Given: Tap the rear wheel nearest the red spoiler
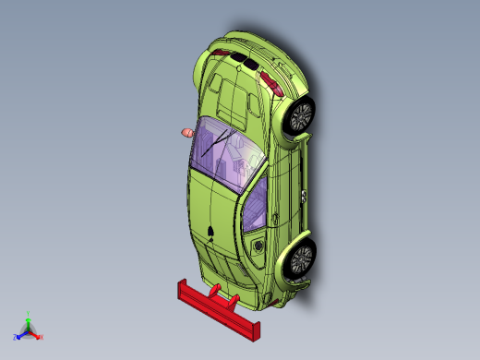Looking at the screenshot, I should point(301,258).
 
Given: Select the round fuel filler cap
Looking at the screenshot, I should point(258,247).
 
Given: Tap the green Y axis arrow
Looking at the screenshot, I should point(29,316).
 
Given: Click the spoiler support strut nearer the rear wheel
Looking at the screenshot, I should point(234,300).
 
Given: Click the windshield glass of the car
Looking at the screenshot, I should point(226,152).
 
